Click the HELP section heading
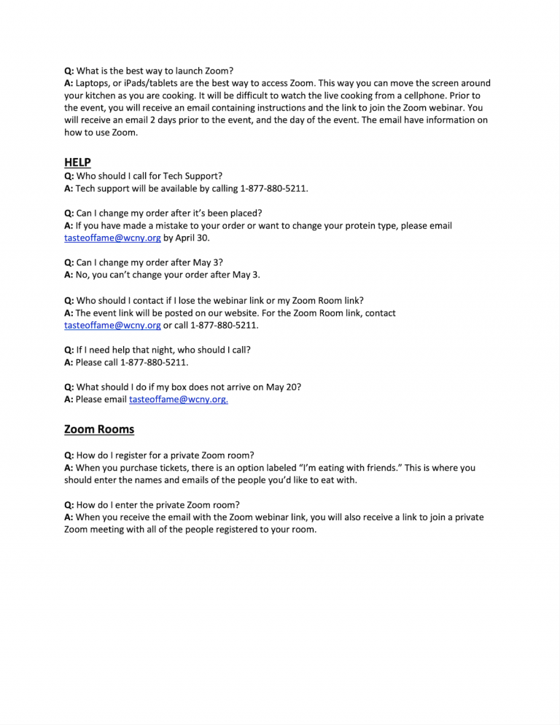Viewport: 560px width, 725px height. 77,162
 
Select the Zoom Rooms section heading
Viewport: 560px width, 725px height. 99,429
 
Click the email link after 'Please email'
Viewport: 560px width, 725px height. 178,399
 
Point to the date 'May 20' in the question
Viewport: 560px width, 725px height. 283,387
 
